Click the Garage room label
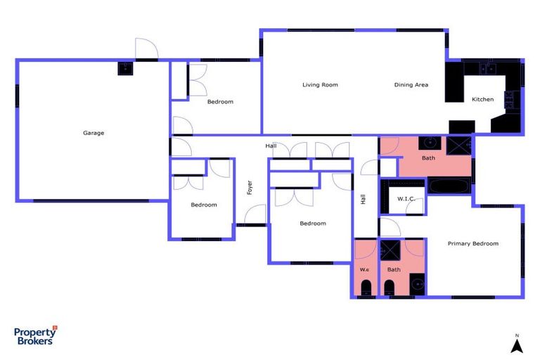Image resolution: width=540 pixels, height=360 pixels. coord(94,132)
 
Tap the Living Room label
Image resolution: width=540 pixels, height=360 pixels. coord(320,85)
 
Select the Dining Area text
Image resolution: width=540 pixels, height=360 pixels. coord(411,85)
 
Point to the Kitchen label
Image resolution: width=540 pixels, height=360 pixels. coord(482,99)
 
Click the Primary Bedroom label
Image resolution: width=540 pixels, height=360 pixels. coord(473,243)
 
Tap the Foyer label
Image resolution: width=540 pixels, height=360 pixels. coord(249,188)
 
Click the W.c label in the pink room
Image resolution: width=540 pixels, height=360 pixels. coord(364,269)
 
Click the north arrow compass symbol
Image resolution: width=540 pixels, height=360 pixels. coord(516,344)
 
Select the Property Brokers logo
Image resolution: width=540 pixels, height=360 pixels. coord(36,335)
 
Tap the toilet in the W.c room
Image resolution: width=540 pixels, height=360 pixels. coord(366,287)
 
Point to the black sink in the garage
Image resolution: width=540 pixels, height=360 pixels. coord(124,68)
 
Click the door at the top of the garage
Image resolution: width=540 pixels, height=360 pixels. coord(146,49)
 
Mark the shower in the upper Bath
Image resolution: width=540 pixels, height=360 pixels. coord(459,145)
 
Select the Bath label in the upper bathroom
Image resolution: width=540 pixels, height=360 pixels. coord(428,158)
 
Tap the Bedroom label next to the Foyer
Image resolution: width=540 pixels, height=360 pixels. coord(204,205)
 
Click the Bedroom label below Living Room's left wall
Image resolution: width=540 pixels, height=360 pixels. coord(220,102)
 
